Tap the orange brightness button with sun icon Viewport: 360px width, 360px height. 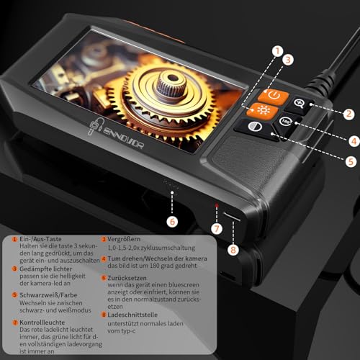[256, 111]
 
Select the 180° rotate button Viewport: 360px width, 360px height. [287, 122]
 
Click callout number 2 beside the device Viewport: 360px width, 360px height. [348, 113]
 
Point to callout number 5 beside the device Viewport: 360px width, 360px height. [351, 162]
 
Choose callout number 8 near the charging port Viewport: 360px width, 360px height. [232, 251]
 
